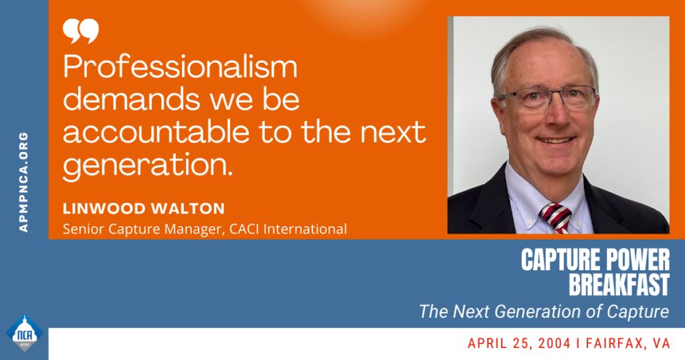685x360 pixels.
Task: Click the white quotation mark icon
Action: [x=81, y=31]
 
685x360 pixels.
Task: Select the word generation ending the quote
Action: [x=148, y=166]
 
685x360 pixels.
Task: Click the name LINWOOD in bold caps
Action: [x=104, y=208]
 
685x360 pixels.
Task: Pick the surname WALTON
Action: [x=188, y=208]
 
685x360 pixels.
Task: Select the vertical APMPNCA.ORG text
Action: [x=23, y=182]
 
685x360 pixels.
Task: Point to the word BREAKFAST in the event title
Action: [x=619, y=284]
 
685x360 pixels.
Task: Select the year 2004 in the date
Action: [x=554, y=343]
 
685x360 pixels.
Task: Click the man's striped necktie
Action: [x=557, y=217]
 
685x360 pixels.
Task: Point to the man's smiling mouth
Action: [x=556, y=141]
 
